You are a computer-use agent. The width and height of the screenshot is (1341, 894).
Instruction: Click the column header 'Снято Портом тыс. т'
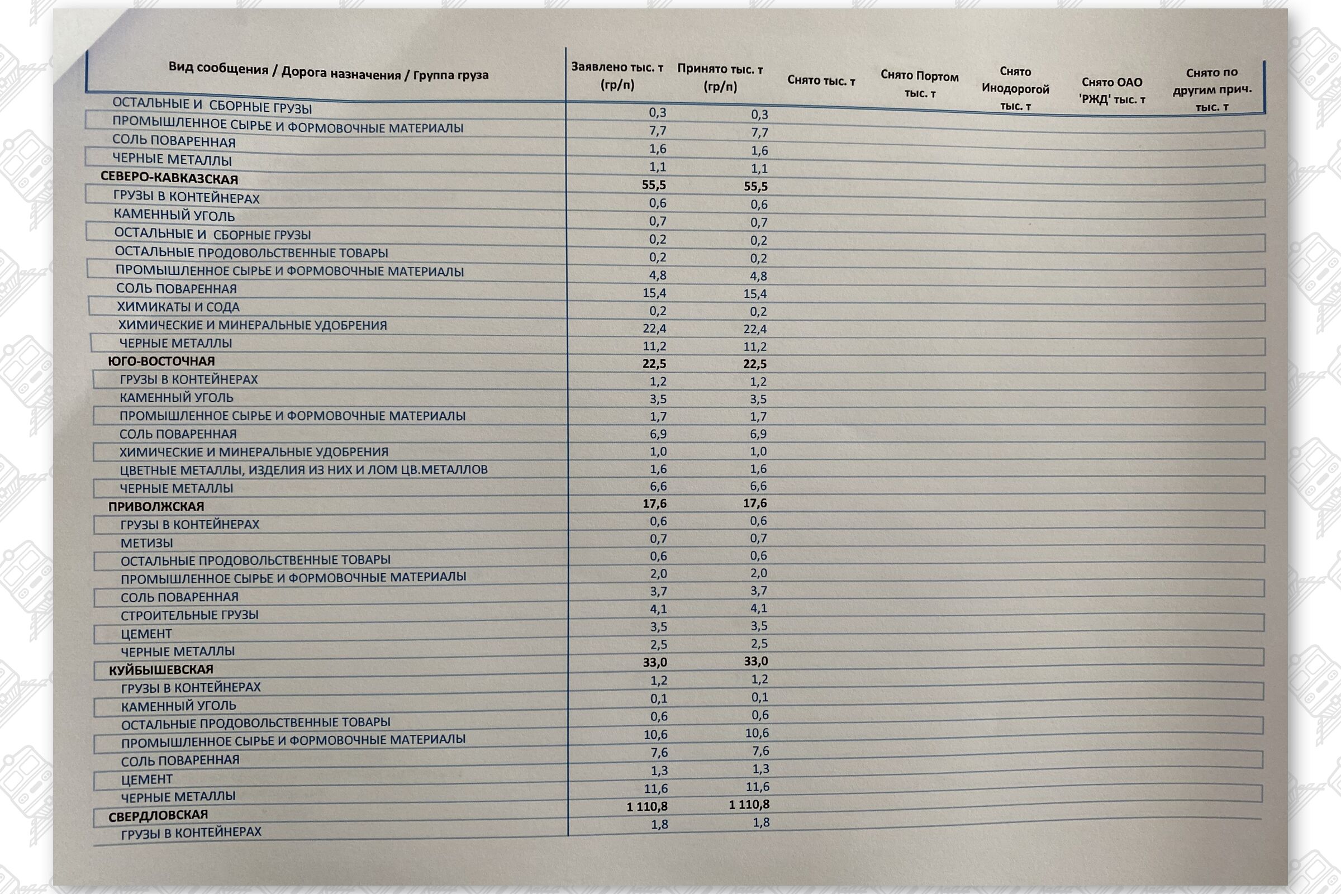point(919,84)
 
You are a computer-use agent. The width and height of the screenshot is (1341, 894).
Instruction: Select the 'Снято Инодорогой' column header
point(1015,89)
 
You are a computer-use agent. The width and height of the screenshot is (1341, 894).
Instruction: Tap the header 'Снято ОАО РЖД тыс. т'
point(1112,91)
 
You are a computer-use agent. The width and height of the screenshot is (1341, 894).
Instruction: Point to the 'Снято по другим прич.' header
point(1212,89)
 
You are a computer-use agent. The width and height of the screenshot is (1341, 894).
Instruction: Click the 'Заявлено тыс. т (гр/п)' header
point(617,76)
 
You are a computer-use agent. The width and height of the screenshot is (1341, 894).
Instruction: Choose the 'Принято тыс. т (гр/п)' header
point(720,78)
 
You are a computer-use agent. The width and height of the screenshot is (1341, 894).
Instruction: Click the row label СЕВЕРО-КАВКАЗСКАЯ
point(169,178)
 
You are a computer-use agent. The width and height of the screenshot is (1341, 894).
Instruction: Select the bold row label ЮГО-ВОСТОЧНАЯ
point(161,362)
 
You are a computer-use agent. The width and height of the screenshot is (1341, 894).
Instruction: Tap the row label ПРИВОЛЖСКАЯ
point(156,506)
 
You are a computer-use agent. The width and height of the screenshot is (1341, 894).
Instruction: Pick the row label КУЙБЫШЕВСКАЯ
point(161,669)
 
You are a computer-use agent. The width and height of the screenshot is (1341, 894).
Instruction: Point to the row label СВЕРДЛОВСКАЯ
point(159,815)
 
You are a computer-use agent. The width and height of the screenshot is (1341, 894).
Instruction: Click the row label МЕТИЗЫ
point(146,543)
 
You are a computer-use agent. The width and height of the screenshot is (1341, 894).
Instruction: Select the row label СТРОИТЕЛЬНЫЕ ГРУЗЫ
point(189,615)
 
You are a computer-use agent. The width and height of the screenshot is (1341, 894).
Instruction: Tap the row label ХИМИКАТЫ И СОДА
point(178,307)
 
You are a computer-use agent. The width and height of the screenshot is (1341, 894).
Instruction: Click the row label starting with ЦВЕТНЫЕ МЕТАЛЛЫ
point(303,470)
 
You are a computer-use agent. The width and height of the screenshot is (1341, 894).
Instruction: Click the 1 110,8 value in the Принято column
point(749,805)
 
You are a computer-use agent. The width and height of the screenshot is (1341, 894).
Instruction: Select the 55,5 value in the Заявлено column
point(653,185)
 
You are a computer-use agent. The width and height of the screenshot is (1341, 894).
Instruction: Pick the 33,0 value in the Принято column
point(756,662)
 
